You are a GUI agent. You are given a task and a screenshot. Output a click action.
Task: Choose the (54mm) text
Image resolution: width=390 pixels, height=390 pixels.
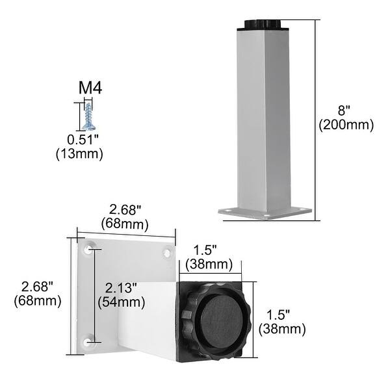coord(121,302)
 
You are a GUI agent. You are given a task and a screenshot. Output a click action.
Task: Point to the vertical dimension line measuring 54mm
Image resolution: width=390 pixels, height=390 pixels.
coord(96,294)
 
